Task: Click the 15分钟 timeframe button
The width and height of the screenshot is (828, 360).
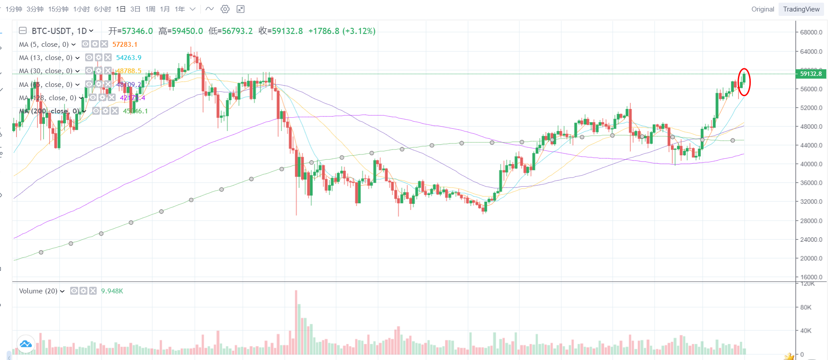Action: (x=58, y=9)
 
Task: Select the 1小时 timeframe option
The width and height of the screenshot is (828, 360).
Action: (x=82, y=9)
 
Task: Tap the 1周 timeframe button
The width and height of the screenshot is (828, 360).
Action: (x=150, y=9)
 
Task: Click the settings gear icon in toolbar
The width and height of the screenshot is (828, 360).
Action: (x=225, y=9)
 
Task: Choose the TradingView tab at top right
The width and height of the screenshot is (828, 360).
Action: (x=801, y=9)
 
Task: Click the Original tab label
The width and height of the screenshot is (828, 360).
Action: (x=763, y=9)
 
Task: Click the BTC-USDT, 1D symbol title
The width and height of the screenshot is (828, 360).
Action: (x=59, y=31)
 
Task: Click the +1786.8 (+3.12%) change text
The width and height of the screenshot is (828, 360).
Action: (x=342, y=31)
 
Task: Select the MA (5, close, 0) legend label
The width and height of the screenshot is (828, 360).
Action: (x=44, y=45)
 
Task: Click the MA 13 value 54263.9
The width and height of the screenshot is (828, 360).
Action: (x=128, y=58)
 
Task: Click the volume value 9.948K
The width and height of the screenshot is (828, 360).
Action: (x=112, y=291)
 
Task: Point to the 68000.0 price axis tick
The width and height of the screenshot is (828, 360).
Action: (x=811, y=32)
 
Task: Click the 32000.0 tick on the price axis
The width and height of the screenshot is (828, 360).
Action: (x=811, y=202)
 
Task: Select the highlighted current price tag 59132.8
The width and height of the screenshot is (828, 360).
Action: (x=811, y=74)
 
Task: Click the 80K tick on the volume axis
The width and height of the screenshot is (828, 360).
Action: (x=806, y=307)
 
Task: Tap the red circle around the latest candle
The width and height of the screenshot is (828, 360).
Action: (x=744, y=82)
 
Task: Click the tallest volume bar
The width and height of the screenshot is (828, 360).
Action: (x=296, y=322)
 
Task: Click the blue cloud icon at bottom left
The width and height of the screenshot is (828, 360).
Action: (x=26, y=344)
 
